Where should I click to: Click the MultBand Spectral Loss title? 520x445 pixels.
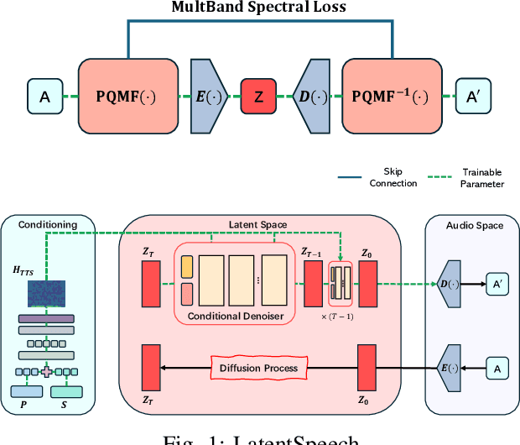point(260,8)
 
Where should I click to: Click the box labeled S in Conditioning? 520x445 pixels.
point(68,392)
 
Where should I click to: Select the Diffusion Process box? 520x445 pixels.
point(258,368)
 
